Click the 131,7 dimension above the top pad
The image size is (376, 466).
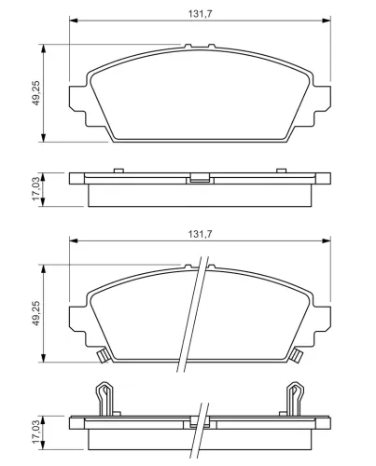coord(200,14)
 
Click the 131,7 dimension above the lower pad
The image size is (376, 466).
coord(200,234)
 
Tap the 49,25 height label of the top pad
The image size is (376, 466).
coord(36,93)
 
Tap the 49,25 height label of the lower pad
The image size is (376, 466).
coord(36,313)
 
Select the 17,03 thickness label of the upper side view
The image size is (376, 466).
coord(36,188)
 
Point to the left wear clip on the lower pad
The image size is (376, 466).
coord(102,355)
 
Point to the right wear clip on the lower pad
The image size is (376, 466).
coord(297,355)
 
